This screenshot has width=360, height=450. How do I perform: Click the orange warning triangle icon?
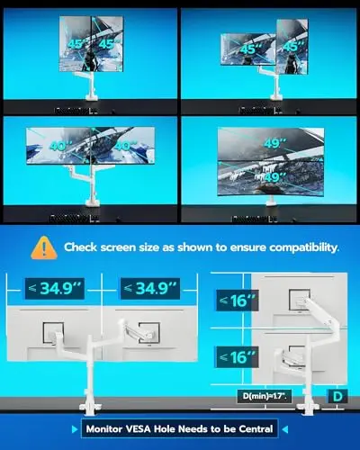44,247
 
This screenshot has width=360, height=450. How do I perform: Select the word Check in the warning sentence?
81,247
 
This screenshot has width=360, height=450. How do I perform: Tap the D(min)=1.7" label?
265,396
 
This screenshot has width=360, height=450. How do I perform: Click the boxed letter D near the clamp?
337,396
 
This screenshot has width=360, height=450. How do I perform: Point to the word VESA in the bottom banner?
138,429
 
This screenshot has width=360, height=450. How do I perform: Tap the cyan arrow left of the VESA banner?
75,429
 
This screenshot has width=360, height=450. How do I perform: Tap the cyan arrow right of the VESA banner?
285,429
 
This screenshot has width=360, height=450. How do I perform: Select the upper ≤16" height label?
238,301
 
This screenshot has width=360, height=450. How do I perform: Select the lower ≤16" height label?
237,357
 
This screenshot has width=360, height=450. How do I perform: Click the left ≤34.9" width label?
55,289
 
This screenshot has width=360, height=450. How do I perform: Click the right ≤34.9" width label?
150,289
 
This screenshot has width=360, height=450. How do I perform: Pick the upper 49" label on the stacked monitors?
275,143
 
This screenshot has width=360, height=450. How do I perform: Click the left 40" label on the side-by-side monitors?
60,146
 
